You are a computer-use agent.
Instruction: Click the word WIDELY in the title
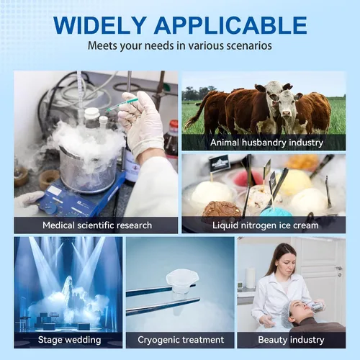100,25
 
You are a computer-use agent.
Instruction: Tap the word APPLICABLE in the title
230,25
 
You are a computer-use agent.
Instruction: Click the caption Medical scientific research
97,225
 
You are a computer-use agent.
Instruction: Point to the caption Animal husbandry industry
266,143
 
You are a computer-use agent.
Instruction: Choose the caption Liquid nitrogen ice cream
266,225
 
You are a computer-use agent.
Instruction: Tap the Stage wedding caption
69,340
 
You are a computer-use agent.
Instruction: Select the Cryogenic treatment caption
181,340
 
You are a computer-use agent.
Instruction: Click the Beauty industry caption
291,340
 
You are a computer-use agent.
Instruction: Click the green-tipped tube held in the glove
122,104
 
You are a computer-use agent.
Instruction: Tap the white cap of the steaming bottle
91,113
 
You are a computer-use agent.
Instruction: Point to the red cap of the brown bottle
174,126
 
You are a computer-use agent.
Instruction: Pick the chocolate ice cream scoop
221,209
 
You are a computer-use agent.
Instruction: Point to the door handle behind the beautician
339,269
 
